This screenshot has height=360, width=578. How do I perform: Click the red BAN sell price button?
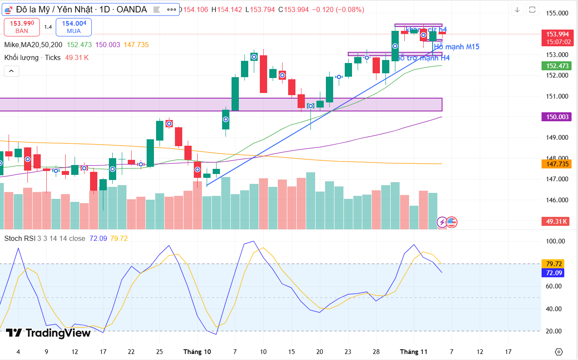coord(21,27)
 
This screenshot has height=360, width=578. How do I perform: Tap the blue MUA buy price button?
coord(74,27)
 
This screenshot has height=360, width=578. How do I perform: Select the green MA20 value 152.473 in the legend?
coord(79,45)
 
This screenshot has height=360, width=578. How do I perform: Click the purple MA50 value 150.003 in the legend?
coord(108,45)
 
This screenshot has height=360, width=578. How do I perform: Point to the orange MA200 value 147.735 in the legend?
coord(136,45)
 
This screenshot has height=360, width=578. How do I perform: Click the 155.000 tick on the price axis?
coord(556,13)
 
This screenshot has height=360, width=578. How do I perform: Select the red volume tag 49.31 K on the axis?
coord(557,222)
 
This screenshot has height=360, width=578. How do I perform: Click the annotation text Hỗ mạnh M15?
coord(456,47)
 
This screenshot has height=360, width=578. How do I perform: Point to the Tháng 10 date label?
coord(197,352)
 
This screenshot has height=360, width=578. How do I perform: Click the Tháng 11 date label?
coord(414,352)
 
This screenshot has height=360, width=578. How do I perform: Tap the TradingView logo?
coord(48,333)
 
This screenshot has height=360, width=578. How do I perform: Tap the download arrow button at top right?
coord(518,9)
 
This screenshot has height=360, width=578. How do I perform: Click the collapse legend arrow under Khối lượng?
coord(12,71)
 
